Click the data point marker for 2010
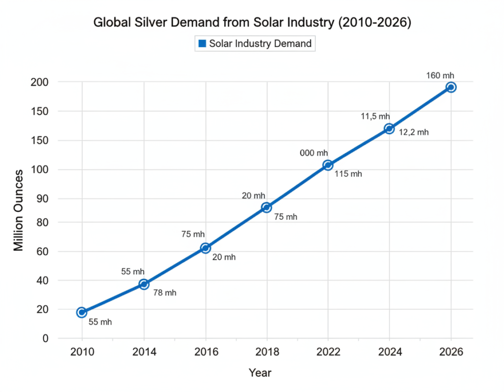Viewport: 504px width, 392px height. [82, 312]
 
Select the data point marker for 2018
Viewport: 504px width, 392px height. [266, 207]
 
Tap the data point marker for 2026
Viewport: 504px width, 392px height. [451, 87]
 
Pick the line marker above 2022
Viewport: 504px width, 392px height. [328, 165]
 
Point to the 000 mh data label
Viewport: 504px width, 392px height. [314, 153]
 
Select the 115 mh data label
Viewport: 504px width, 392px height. [348, 174]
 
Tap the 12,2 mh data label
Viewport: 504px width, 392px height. [414, 132]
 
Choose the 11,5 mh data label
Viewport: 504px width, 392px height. [375, 116]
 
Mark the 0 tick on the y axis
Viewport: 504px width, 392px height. [45, 338]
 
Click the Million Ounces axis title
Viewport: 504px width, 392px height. [18, 210]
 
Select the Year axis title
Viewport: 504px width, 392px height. [260, 373]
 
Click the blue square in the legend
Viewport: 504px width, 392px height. [202, 44]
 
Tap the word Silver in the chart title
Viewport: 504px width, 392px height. [143, 23]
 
